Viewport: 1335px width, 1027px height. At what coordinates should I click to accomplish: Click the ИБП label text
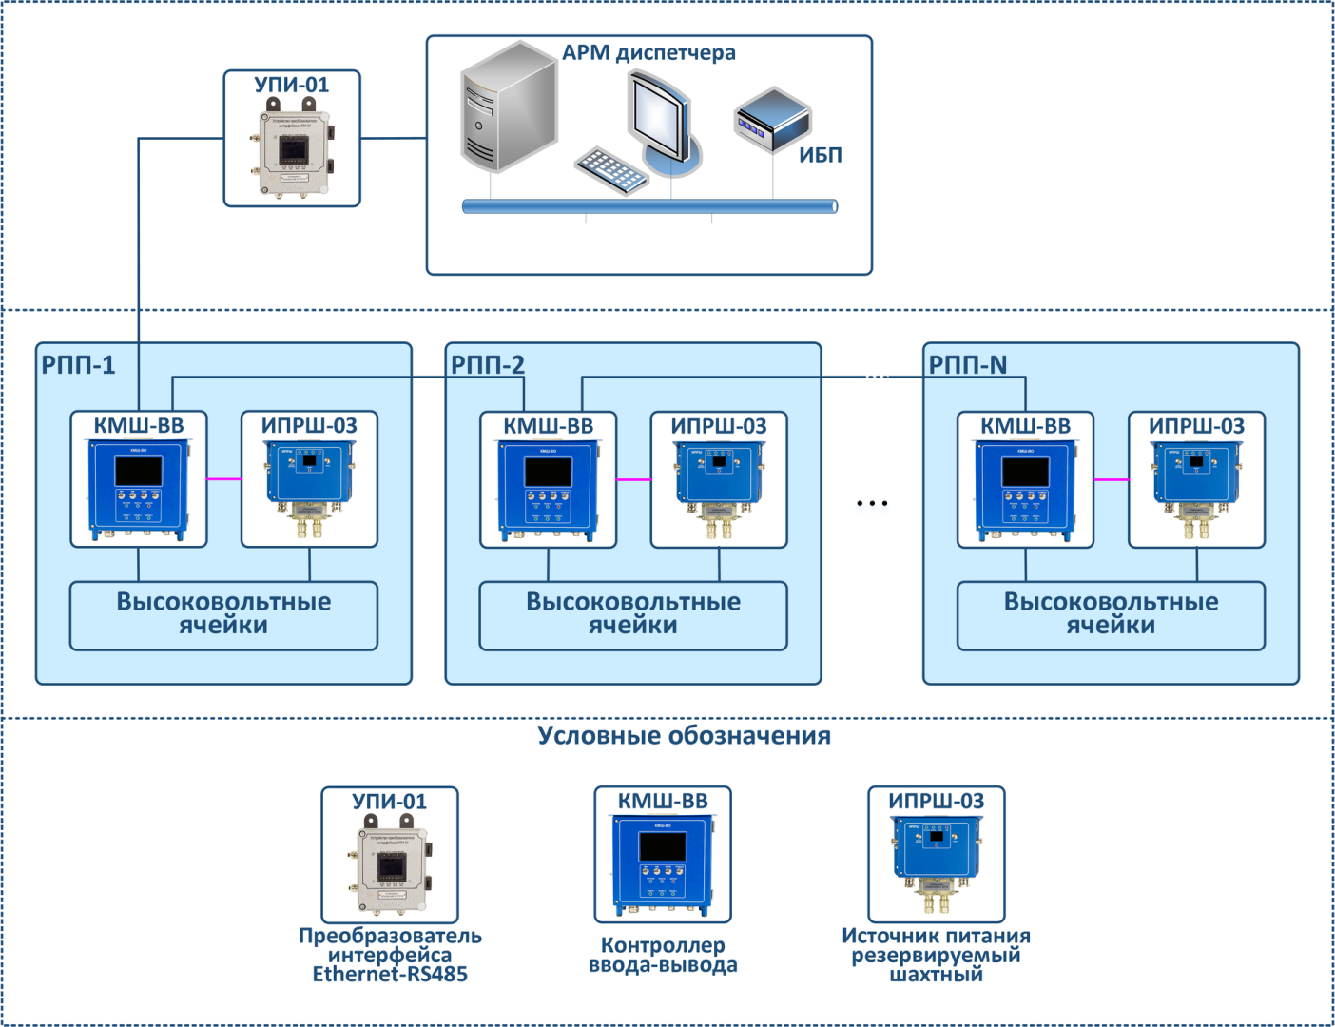pyautogui.click(x=820, y=156)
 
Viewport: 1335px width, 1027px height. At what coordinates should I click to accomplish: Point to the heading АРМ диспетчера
pyautogui.click(x=648, y=53)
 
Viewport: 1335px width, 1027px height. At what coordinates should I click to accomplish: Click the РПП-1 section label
pyautogui.click(x=78, y=365)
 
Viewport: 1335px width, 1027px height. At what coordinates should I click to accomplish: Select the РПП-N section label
pyautogui.click(x=967, y=365)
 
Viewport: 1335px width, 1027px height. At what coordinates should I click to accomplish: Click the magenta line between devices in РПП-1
pyautogui.click(x=224, y=479)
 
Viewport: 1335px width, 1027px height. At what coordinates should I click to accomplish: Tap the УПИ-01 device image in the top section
pyautogui.click(x=292, y=153)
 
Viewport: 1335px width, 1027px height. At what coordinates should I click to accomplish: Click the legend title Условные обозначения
pyautogui.click(x=684, y=736)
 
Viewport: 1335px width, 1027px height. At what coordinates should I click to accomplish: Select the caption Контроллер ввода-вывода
pyautogui.click(x=663, y=956)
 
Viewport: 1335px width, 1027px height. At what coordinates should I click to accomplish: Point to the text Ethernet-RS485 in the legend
pyautogui.click(x=390, y=975)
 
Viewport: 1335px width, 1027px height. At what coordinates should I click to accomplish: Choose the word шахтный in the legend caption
pyautogui.click(x=936, y=975)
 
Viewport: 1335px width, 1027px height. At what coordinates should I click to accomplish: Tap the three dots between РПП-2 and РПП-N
pyautogui.click(x=872, y=503)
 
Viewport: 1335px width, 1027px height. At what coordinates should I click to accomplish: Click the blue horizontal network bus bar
pyautogui.click(x=649, y=206)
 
